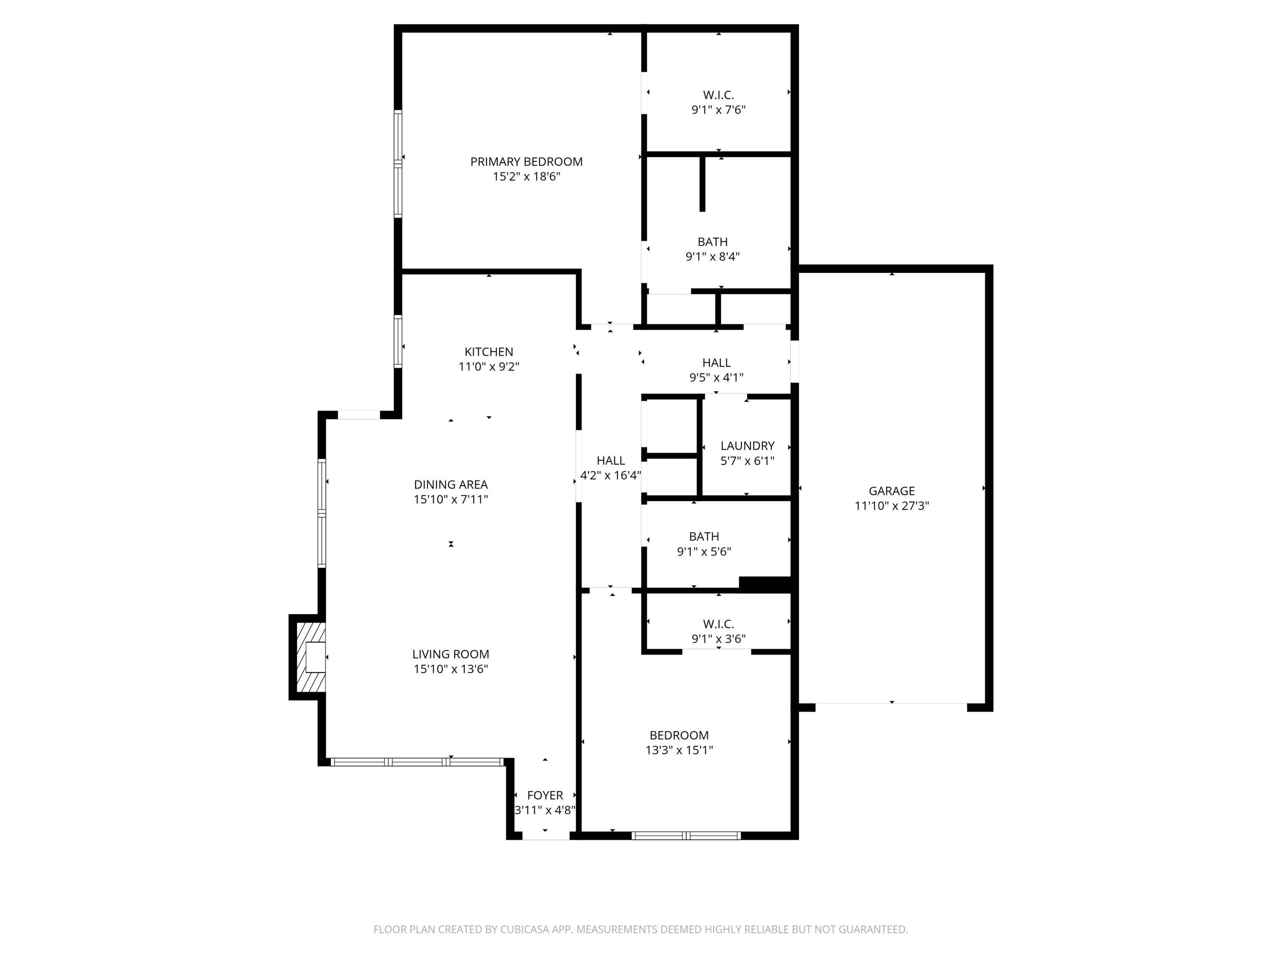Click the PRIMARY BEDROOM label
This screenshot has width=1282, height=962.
click(x=526, y=162)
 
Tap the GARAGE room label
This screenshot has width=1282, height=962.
click(x=891, y=491)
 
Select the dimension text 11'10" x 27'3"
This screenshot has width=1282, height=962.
click(x=891, y=506)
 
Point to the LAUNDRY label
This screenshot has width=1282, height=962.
click(x=747, y=446)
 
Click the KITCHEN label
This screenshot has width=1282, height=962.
click(x=489, y=352)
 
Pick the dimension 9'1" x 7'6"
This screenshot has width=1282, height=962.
click(x=718, y=109)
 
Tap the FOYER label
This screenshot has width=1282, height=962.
click(x=545, y=795)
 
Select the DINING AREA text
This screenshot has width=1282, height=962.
click(x=451, y=485)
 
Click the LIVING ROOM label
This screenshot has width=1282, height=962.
click(x=451, y=654)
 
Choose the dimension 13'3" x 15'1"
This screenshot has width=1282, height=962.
click(x=679, y=750)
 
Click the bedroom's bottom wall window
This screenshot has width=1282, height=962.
click(x=686, y=835)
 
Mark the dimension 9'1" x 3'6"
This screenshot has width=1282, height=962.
click(x=718, y=639)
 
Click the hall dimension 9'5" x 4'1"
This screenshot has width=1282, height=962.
click(x=717, y=377)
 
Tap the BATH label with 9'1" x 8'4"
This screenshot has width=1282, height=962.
click(x=712, y=242)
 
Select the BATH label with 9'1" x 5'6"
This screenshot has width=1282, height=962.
click(x=704, y=537)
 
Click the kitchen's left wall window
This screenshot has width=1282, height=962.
click(x=398, y=341)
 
